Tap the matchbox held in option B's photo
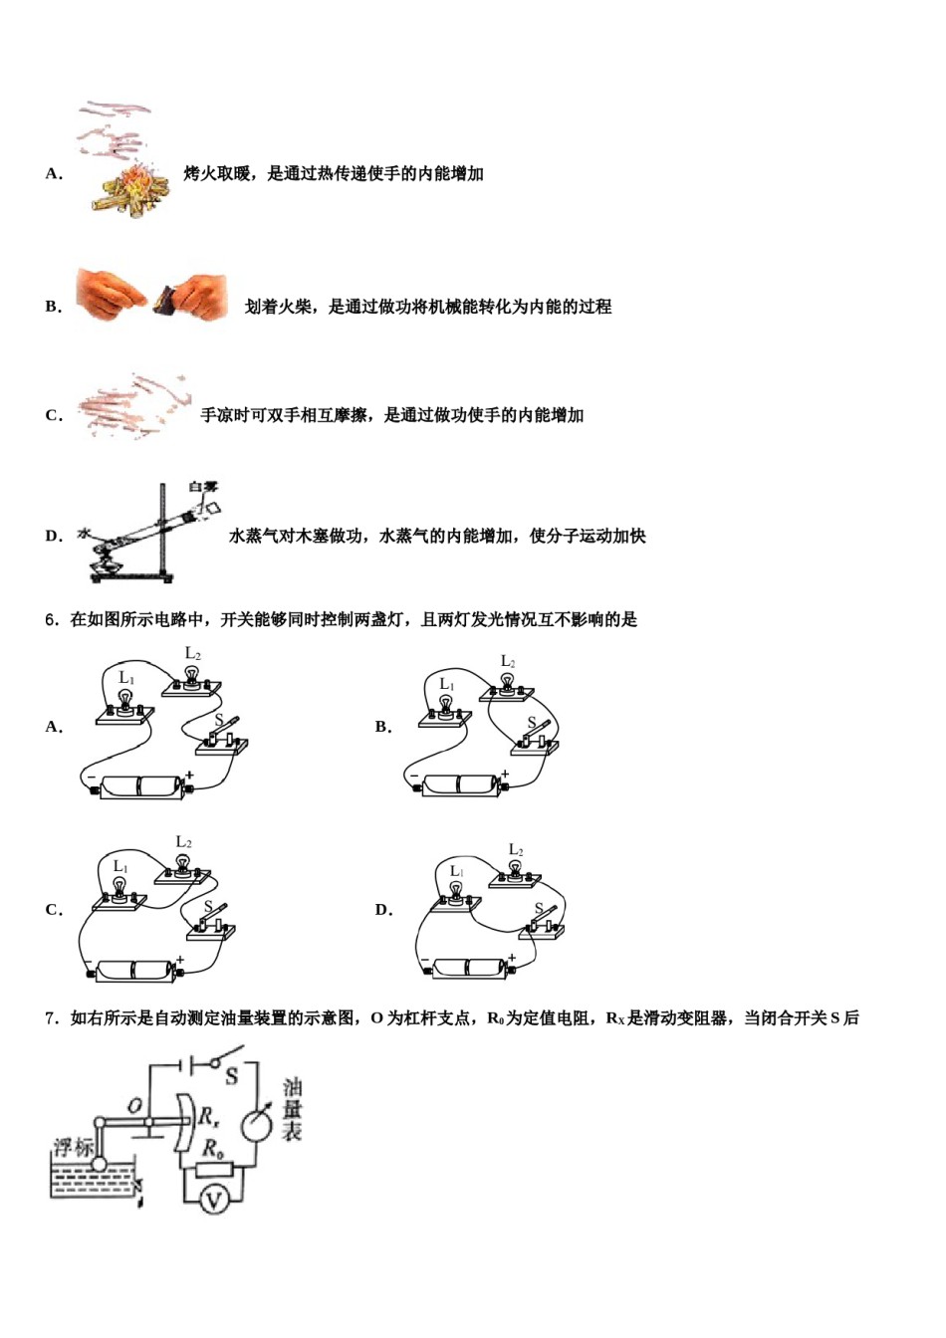166,298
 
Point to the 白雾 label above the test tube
202,486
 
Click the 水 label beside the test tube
83,533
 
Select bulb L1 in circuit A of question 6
124,701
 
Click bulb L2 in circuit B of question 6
508,683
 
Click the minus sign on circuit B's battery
414,776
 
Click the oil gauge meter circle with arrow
257,1123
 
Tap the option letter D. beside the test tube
54,536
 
